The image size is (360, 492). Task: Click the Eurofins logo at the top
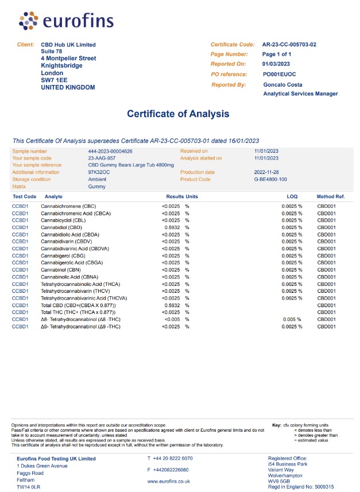point(55,21)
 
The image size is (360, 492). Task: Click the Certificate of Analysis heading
point(178,114)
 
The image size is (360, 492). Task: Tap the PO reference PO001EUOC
point(280,74)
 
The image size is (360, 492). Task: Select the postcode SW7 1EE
point(55,80)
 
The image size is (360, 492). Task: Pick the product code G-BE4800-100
point(270,179)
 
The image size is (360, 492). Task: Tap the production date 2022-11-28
point(266,172)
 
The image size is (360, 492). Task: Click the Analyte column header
point(49,196)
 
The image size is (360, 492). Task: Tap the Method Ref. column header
point(331,196)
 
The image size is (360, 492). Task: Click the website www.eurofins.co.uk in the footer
point(169,481)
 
